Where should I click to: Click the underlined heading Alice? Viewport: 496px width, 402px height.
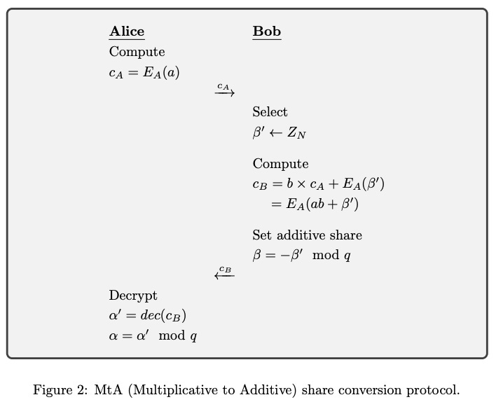(x=127, y=32)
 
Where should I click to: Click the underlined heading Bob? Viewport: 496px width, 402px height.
(x=266, y=32)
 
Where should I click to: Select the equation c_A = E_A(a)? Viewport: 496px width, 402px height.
(x=144, y=72)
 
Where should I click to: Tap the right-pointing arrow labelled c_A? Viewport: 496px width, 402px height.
(x=224, y=92)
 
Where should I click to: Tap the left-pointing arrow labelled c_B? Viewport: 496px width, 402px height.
(x=224, y=275)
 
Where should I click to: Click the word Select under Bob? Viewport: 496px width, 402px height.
(x=270, y=112)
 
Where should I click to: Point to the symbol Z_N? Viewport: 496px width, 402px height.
(x=296, y=133)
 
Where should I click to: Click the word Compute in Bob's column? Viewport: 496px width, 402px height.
(x=280, y=164)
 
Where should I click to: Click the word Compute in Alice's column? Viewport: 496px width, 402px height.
(x=137, y=52)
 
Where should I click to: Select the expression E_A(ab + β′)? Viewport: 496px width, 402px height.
(x=315, y=205)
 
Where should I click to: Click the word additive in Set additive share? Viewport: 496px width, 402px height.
(x=303, y=235)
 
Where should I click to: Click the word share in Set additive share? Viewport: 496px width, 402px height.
(x=347, y=235)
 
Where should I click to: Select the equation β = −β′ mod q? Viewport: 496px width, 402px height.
(x=301, y=255)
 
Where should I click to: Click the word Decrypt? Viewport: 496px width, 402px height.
(x=133, y=296)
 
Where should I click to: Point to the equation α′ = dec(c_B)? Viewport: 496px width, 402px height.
(x=148, y=316)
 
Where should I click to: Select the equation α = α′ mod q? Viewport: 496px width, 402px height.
(x=153, y=336)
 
